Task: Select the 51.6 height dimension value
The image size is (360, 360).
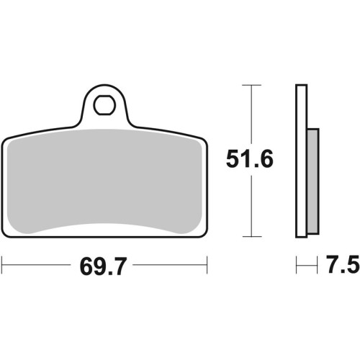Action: click(250, 159)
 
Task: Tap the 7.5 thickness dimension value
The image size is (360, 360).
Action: click(343, 265)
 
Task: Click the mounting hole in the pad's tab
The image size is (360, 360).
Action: click(104, 105)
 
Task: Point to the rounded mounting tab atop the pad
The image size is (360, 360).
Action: click(104, 106)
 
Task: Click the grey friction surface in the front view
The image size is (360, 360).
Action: click(104, 181)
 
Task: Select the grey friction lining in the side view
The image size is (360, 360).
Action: click(313, 181)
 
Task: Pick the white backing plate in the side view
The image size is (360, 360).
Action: click(302, 161)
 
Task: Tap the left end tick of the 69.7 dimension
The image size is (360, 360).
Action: click(2, 265)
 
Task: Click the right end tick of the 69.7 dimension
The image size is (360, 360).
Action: click(207, 265)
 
